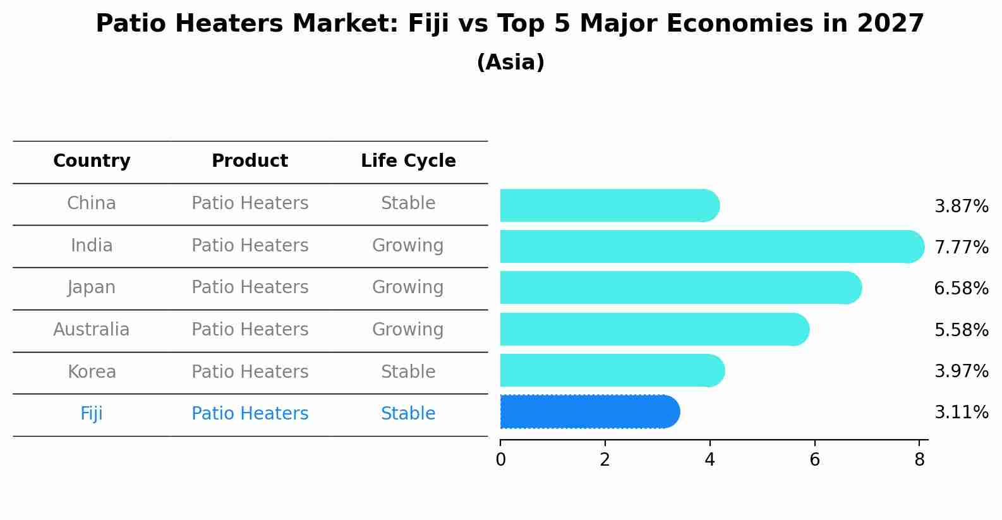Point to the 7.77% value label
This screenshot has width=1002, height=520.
(x=961, y=247)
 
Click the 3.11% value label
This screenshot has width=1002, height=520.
(x=961, y=413)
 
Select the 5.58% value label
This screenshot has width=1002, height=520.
(x=961, y=330)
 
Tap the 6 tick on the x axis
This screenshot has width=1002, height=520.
(x=814, y=460)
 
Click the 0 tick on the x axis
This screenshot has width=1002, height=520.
(x=500, y=460)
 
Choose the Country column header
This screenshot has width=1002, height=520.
(x=92, y=161)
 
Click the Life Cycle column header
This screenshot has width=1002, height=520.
(x=408, y=161)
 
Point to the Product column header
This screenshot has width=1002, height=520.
(x=250, y=161)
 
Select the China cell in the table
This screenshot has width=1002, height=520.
(x=92, y=203)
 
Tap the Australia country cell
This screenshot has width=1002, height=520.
(x=92, y=330)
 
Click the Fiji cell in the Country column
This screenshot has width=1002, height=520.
(x=92, y=414)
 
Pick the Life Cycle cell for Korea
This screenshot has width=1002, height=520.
(x=408, y=372)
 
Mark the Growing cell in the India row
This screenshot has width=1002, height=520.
(x=408, y=245)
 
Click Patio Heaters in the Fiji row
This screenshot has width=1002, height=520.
(x=250, y=414)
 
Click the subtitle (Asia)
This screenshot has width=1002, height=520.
(x=510, y=63)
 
